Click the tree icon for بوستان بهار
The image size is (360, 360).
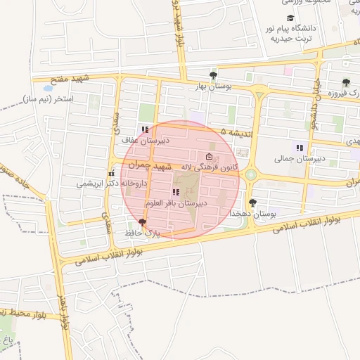pos(213,75)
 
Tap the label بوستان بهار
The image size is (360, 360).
pos(212,86)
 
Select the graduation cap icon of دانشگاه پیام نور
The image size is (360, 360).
pos(290,18)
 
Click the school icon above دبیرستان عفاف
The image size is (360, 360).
pos(145,129)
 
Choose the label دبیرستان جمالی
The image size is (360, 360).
pos(299,159)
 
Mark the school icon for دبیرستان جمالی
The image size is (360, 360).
pos(299,148)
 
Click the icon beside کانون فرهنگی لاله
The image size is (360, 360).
pos(208,157)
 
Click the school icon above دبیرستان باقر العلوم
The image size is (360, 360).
pos(175,192)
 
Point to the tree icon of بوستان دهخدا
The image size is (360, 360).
pos(252,202)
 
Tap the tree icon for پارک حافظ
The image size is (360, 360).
pos(143,222)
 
